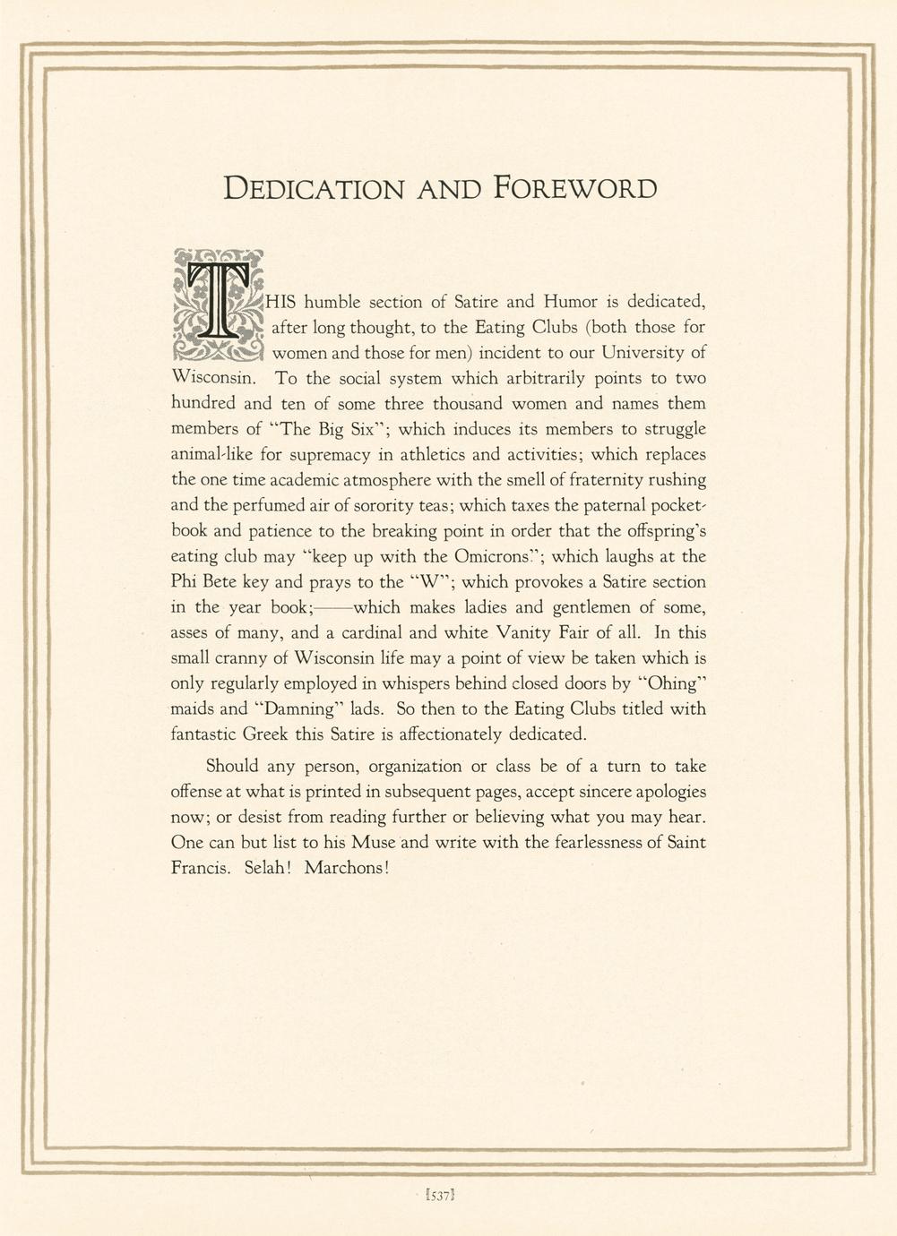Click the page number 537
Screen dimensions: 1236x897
[x=444, y=1193]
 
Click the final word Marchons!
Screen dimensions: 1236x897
[x=347, y=868]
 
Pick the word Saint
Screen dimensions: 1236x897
[x=684, y=842]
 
